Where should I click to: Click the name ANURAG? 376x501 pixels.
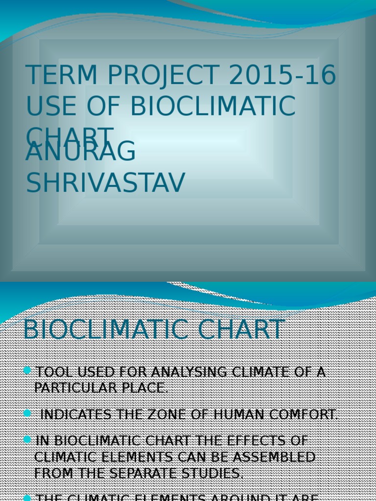(x=81, y=151)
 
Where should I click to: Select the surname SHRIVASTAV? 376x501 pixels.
(x=106, y=182)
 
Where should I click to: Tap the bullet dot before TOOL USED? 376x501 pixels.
(x=27, y=371)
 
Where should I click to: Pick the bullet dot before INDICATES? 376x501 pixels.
(x=27, y=413)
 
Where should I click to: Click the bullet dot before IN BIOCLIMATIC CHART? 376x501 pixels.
(x=27, y=440)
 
